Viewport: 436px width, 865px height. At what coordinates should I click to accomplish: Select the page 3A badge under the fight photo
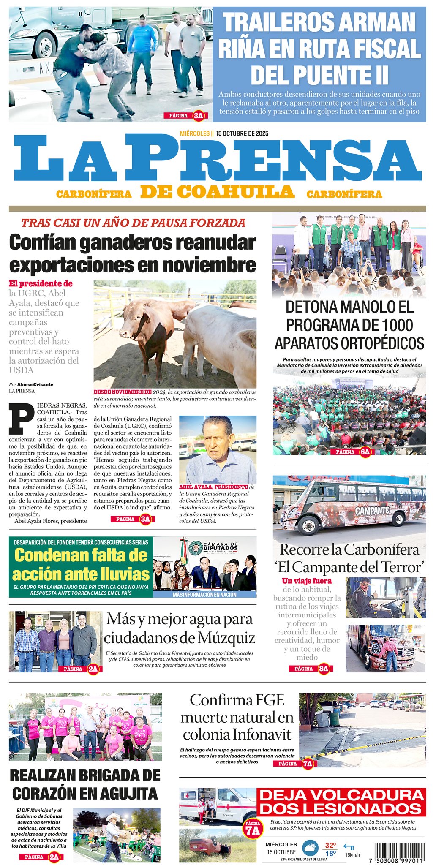click(185, 115)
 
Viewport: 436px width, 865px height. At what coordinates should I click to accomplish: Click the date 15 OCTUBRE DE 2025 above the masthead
click(242, 133)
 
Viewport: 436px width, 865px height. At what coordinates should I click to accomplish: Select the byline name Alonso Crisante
click(35, 385)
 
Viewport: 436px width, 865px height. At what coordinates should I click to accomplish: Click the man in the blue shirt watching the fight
click(143, 51)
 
